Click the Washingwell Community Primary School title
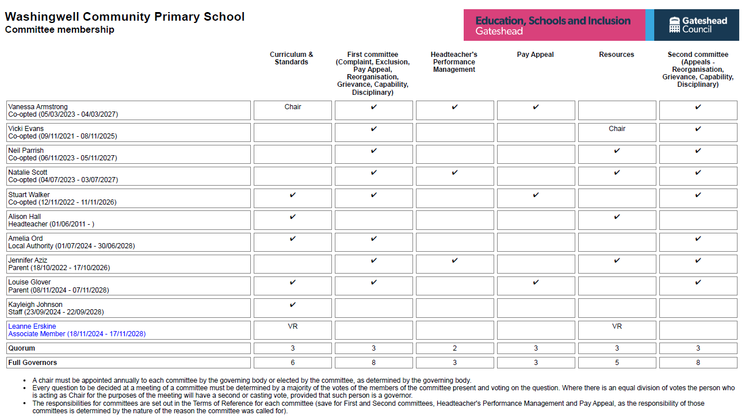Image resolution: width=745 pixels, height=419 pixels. click(x=125, y=17)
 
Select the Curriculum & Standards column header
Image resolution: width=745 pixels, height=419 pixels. click(x=292, y=58)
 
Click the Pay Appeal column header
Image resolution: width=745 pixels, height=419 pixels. click(x=535, y=55)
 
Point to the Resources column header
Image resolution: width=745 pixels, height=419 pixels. click(x=616, y=55)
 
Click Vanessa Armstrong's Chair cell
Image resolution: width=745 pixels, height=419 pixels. click(x=293, y=107)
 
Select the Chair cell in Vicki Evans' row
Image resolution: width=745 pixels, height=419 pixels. click(x=617, y=129)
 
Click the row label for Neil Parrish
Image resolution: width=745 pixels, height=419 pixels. click(x=26, y=151)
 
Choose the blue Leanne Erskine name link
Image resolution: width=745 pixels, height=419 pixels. click(x=32, y=326)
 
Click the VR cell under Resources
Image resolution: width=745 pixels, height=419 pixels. click(x=617, y=326)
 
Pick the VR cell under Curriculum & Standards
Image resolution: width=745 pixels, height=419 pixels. click(x=293, y=326)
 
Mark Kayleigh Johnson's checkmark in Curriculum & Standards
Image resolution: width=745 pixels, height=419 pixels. click(x=293, y=305)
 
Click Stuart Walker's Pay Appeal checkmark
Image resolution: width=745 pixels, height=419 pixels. click(x=536, y=195)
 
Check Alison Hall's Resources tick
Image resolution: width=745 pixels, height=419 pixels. click(x=617, y=217)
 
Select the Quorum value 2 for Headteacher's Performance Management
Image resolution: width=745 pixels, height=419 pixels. click(x=454, y=348)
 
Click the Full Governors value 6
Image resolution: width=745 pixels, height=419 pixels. click(x=293, y=363)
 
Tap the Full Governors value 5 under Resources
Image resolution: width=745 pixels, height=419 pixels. click(x=617, y=363)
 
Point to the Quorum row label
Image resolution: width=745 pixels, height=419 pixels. click(x=21, y=348)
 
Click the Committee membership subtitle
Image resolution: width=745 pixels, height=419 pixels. click(x=59, y=30)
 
